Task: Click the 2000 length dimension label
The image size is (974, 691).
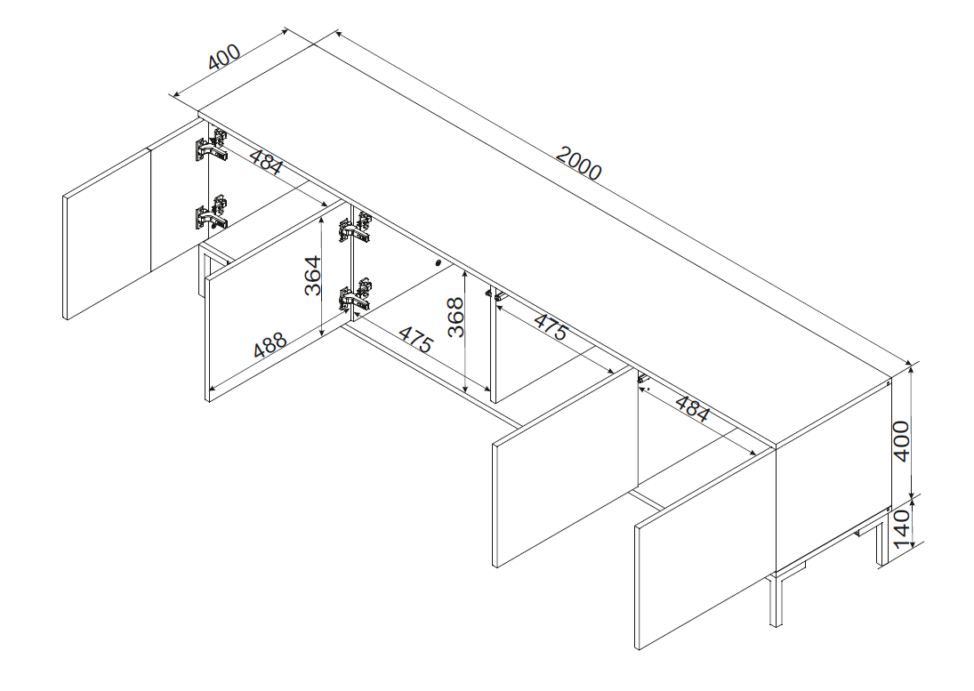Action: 578,164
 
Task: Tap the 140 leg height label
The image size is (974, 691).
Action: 901,526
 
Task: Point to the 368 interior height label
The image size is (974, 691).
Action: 456,317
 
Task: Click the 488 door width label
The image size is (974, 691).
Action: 270,346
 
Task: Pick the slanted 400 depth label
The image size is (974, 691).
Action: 224,57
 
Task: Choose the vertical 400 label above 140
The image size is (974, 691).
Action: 901,441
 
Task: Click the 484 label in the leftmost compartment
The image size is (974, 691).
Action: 267,161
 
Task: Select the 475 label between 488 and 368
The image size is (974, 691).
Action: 415,340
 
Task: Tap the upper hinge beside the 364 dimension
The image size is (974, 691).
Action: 355,229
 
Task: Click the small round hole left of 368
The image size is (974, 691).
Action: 439,262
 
